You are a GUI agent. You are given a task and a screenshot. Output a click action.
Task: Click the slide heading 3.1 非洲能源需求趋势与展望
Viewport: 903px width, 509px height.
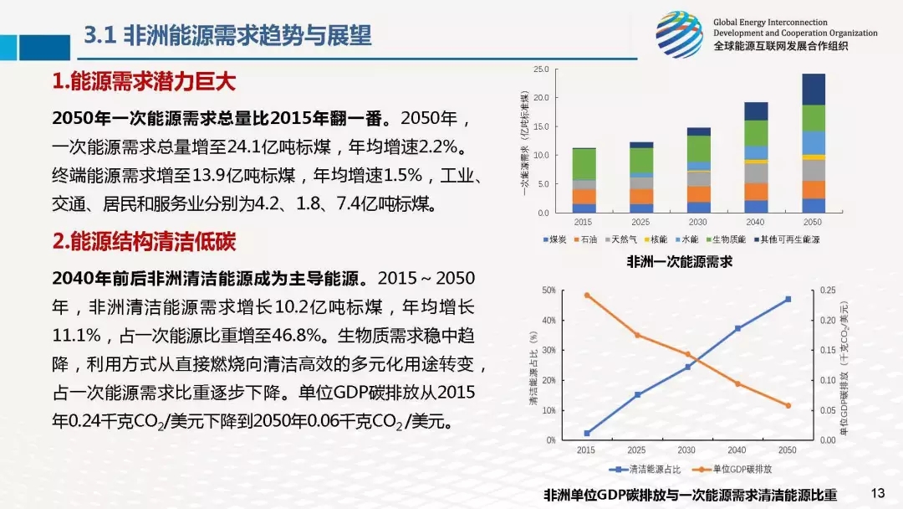click(x=228, y=35)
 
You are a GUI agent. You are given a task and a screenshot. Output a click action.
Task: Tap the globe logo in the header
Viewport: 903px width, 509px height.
click(x=678, y=34)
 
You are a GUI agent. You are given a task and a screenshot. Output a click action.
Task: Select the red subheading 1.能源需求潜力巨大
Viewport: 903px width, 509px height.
click(x=144, y=82)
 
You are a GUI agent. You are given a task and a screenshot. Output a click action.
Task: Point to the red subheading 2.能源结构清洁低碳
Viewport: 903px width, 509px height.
click(x=144, y=242)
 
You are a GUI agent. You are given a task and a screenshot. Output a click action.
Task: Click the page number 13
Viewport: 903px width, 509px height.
click(x=877, y=492)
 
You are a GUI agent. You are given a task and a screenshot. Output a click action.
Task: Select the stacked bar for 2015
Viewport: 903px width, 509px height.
click(x=584, y=180)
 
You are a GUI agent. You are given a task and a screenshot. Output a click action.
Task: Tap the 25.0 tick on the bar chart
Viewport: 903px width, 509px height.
click(x=540, y=69)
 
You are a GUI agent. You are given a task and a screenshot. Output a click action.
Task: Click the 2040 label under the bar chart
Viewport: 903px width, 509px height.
click(x=756, y=222)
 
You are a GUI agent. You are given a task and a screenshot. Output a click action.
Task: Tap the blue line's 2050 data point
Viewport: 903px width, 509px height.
click(x=788, y=299)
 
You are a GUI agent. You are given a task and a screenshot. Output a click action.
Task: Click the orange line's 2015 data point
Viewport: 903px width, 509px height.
click(x=587, y=295)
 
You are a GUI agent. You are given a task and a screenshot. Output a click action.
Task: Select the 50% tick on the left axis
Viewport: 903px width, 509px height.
click(x=548, y=290)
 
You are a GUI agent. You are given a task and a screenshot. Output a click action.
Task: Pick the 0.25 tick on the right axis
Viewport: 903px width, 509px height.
click(x=828, y=290)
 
